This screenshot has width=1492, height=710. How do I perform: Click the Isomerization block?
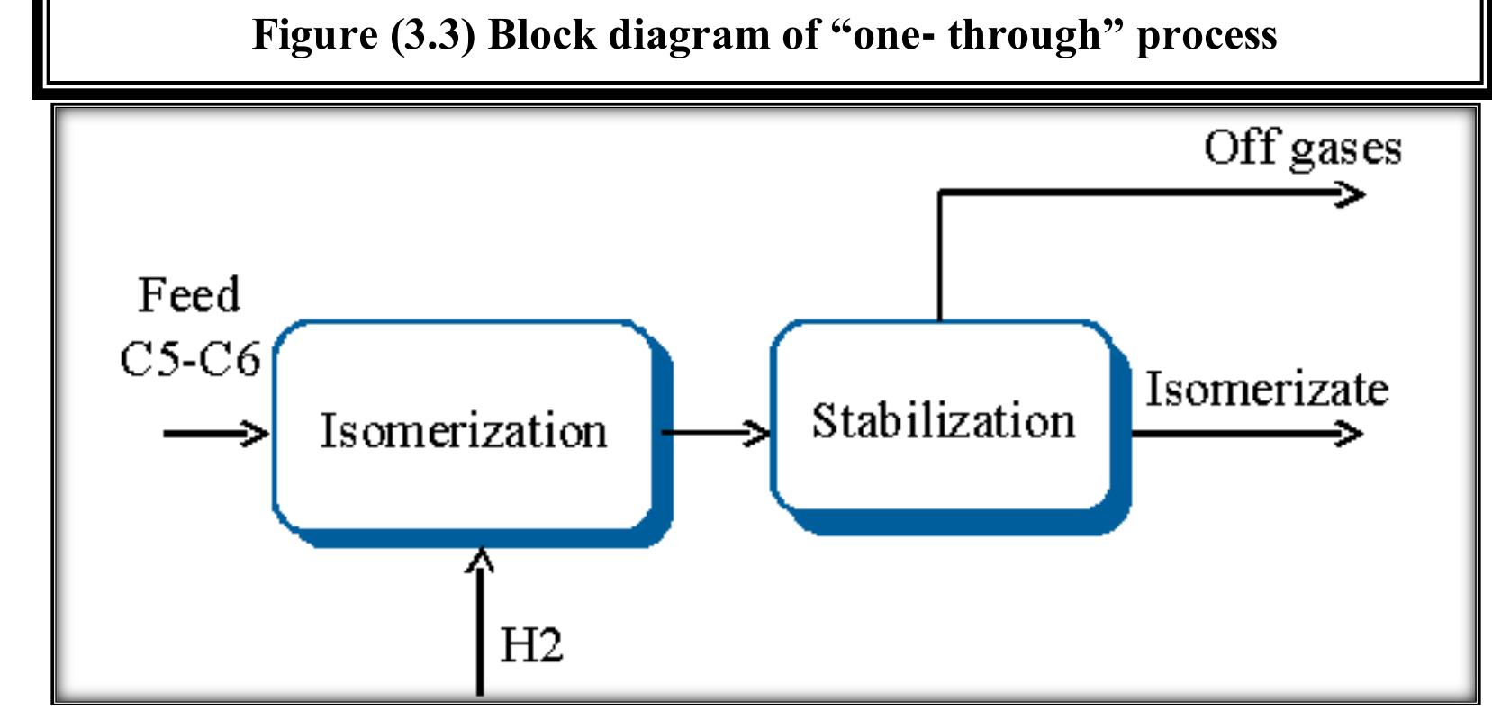(463, 429)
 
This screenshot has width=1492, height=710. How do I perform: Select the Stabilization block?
(943, 420)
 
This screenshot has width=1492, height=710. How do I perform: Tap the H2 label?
(531, 645)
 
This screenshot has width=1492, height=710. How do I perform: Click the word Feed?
(189, 295)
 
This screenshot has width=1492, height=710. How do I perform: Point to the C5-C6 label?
(190, 359)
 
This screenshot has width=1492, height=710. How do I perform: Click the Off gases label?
(1302, 148)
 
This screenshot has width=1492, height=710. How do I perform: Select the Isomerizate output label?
(1266, 389)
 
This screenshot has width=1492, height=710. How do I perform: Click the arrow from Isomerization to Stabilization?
(716, 434)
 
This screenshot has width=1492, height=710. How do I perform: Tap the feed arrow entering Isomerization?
(216, 434)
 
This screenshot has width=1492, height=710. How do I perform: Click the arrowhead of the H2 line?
(480, 560)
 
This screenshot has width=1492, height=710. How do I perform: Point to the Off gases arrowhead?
(1351, 193)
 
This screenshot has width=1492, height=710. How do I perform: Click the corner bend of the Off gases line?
(940, 193)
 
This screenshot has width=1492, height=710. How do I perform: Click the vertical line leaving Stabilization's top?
(940, 261)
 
